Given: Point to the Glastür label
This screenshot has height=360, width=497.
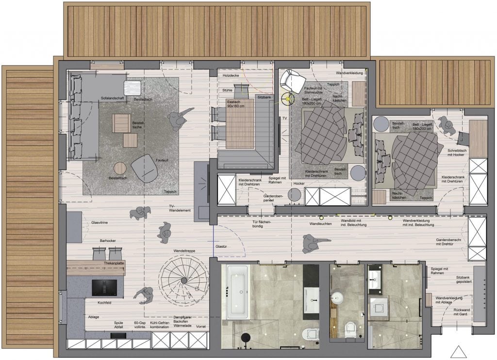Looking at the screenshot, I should [x=221, y=246].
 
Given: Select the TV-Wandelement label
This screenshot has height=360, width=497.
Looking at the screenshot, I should [x=179, y=208].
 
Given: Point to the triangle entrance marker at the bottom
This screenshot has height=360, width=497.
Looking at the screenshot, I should [x=458, y=351].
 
